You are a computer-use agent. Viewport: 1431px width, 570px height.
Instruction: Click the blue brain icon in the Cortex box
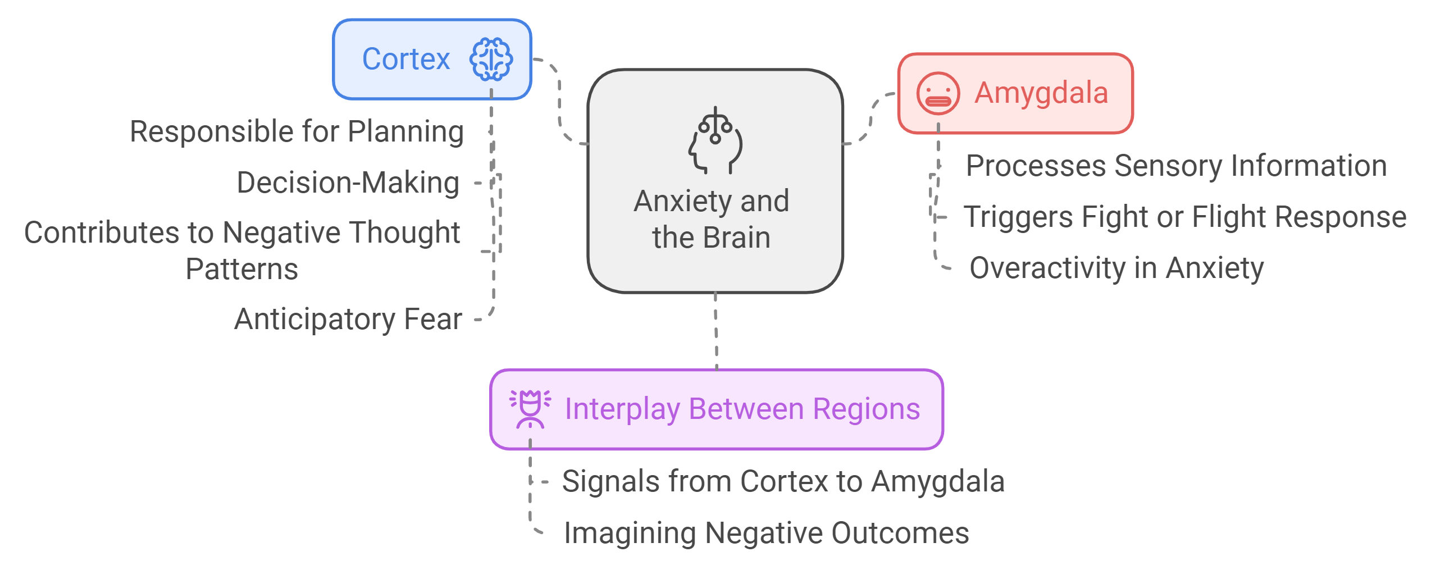[x=491, y=59]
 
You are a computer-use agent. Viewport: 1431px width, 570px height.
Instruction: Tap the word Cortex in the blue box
[x=405, y=59]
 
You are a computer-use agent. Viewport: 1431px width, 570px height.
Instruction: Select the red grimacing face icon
[x=937, y=93]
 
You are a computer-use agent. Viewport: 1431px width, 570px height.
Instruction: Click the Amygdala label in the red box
[x=1041, y=93]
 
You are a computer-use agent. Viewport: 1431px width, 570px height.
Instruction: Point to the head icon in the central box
[x=715, y=140]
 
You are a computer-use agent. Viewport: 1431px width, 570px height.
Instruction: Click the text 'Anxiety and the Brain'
[x=712, y=219]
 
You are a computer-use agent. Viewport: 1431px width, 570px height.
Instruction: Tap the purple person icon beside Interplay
[x=530, y=409]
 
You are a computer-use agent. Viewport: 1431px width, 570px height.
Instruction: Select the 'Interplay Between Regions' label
[x=742, y=409]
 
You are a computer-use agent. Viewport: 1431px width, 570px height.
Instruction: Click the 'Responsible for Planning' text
[x=297, y=131]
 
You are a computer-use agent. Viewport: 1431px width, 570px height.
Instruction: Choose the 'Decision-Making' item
[x=348, y=183]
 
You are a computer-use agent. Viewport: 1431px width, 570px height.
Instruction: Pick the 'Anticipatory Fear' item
[x=348, y=319]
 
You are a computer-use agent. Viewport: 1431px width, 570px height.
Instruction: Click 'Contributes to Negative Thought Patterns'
[x=242, y=250]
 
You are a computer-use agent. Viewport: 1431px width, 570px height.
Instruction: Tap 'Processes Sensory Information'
[x=1176, y=166]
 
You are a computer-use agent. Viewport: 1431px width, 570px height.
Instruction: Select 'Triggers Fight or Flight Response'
[x=1185, y=217]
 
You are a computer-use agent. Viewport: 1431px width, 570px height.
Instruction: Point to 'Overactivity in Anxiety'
[x=1116, y=268]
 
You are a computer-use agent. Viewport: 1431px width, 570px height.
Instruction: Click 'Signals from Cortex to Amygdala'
[x=783, y=481]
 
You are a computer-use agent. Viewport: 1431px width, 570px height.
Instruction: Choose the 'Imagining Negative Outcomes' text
[x=766, y=533]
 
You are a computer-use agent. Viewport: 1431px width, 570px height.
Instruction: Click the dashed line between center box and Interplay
[x=716, y=331]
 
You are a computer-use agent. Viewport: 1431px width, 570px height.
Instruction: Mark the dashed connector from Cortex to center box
[x=559, y=101]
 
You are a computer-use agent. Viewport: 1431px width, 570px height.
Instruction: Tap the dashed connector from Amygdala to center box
[x=871, y=118]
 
